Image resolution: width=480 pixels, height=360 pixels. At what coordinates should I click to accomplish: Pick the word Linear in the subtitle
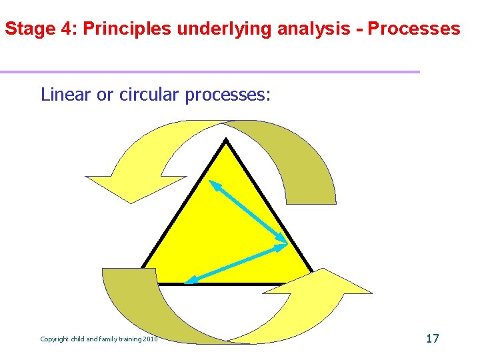click(x=67, y=95)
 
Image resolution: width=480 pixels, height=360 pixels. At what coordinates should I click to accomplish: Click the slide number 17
click(x=432, y=339)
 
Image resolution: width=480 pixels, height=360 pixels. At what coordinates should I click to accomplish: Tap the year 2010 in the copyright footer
click(x=150, y=339)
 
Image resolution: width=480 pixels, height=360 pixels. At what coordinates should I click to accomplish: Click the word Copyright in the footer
click(x=55, y=339)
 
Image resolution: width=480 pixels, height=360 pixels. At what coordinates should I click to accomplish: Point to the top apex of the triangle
click(x=226, y=140)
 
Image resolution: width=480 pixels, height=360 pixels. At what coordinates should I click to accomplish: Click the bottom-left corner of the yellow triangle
click(x=143, y=283)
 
